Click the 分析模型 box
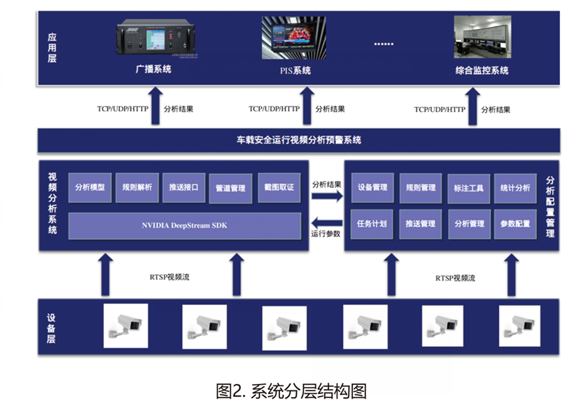89,188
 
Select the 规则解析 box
137,188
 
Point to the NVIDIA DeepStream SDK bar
185,225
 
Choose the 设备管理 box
372,188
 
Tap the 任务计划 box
372,224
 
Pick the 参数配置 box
515,224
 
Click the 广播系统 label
153,71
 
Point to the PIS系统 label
295,71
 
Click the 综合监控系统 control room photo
481,38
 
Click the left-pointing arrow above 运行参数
326,221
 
